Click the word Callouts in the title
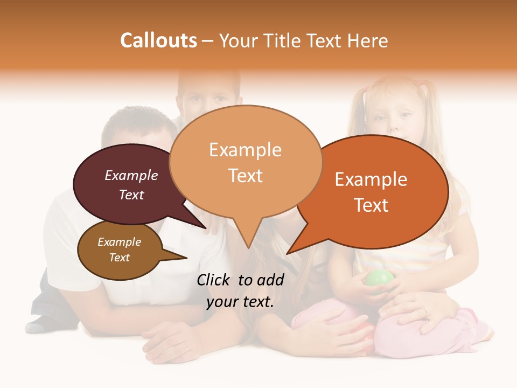tap(158, 40)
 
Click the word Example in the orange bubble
tap(371, 179)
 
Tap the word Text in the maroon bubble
tap(131, 195)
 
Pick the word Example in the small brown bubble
tap(119, 242)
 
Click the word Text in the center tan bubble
tap(246, 176)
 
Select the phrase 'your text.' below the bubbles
tap(240, 302)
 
